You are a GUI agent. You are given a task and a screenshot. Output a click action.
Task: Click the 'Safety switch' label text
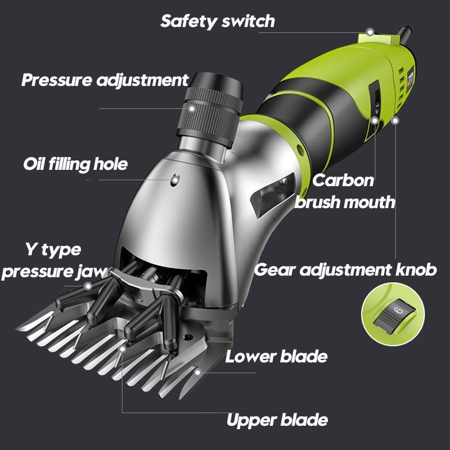217,21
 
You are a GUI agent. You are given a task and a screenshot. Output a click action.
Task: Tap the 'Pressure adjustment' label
105,80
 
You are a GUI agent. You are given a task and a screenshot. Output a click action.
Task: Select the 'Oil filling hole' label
75,164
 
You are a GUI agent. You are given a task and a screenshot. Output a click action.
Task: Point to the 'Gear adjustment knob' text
345,269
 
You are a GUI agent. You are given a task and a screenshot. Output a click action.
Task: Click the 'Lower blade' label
276,356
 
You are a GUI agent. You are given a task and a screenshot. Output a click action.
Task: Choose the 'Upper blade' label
277,420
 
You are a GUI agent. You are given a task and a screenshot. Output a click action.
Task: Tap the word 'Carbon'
343,181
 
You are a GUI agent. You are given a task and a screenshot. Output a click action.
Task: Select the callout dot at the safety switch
370,32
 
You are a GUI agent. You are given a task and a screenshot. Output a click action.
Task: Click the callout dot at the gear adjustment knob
397,119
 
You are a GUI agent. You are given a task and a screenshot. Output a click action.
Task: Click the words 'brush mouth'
345,202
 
